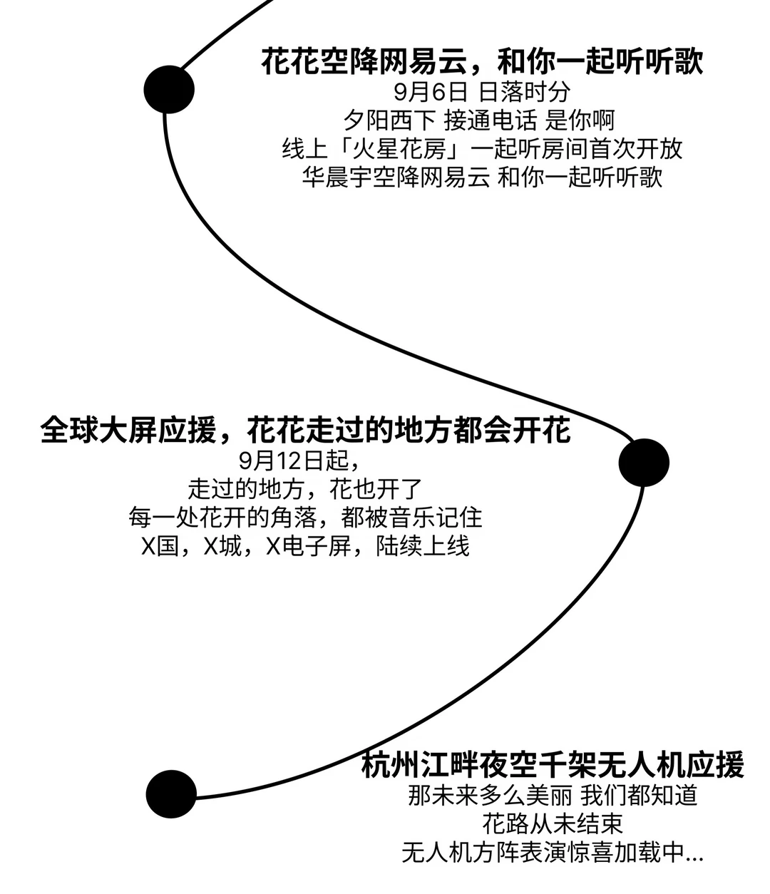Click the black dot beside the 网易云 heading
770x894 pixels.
coord(169,90)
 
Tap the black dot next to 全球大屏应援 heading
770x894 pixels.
coord(644,463)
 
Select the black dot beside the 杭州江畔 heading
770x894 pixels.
coord(171,794)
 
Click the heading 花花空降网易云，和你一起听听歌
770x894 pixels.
coord(482,61)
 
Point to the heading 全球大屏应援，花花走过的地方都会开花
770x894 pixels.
coord(305,429)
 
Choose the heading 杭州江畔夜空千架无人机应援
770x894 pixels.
coord(553,764)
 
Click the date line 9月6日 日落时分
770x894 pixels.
coord(482,92)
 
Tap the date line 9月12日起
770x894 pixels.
coord(299,461)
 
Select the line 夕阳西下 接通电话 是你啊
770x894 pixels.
coord(479,120)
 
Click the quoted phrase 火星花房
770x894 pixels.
coord(399,149)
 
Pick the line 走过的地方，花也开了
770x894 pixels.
coord(305,489)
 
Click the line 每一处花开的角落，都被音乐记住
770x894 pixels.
coord(305,518)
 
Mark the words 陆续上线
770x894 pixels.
coord(423,546)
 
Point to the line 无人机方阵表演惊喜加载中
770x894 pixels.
coord(543,853)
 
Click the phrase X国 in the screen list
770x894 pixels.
coord(160,546)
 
